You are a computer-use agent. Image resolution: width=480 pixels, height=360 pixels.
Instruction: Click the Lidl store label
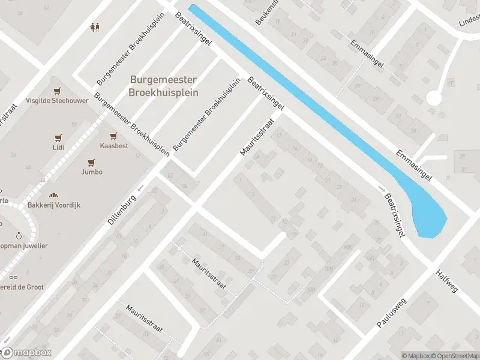point(58,147)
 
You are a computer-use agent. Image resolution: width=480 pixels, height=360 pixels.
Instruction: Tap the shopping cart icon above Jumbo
point(92,162)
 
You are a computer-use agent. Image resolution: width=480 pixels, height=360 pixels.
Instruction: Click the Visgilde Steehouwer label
point(57,101)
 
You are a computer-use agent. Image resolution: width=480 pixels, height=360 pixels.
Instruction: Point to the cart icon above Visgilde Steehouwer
point(57,91)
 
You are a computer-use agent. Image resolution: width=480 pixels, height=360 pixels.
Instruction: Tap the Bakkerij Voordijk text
point(53,205)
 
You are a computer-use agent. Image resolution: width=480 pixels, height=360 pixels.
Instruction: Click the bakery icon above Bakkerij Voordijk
point(53,195)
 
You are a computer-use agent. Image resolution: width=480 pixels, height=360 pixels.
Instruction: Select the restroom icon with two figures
point(94,27)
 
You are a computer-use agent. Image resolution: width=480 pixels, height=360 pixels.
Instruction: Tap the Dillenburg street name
point(123,208)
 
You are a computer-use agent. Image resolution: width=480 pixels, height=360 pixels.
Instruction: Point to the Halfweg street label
point(448,280)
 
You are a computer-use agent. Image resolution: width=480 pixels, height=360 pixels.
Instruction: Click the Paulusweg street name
point(391,311)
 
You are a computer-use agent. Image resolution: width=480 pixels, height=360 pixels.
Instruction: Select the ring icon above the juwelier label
point(19,236)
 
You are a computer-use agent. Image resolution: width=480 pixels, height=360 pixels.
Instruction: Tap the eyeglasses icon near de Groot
point(13,277)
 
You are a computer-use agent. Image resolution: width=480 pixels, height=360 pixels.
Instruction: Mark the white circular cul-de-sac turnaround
point(434,98)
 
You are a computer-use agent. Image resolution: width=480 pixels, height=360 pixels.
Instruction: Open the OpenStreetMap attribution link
point(455,356)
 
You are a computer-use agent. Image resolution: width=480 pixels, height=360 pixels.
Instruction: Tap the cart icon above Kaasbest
point(112,136)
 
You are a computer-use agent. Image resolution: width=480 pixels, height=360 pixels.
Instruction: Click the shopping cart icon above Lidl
point(58,137)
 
